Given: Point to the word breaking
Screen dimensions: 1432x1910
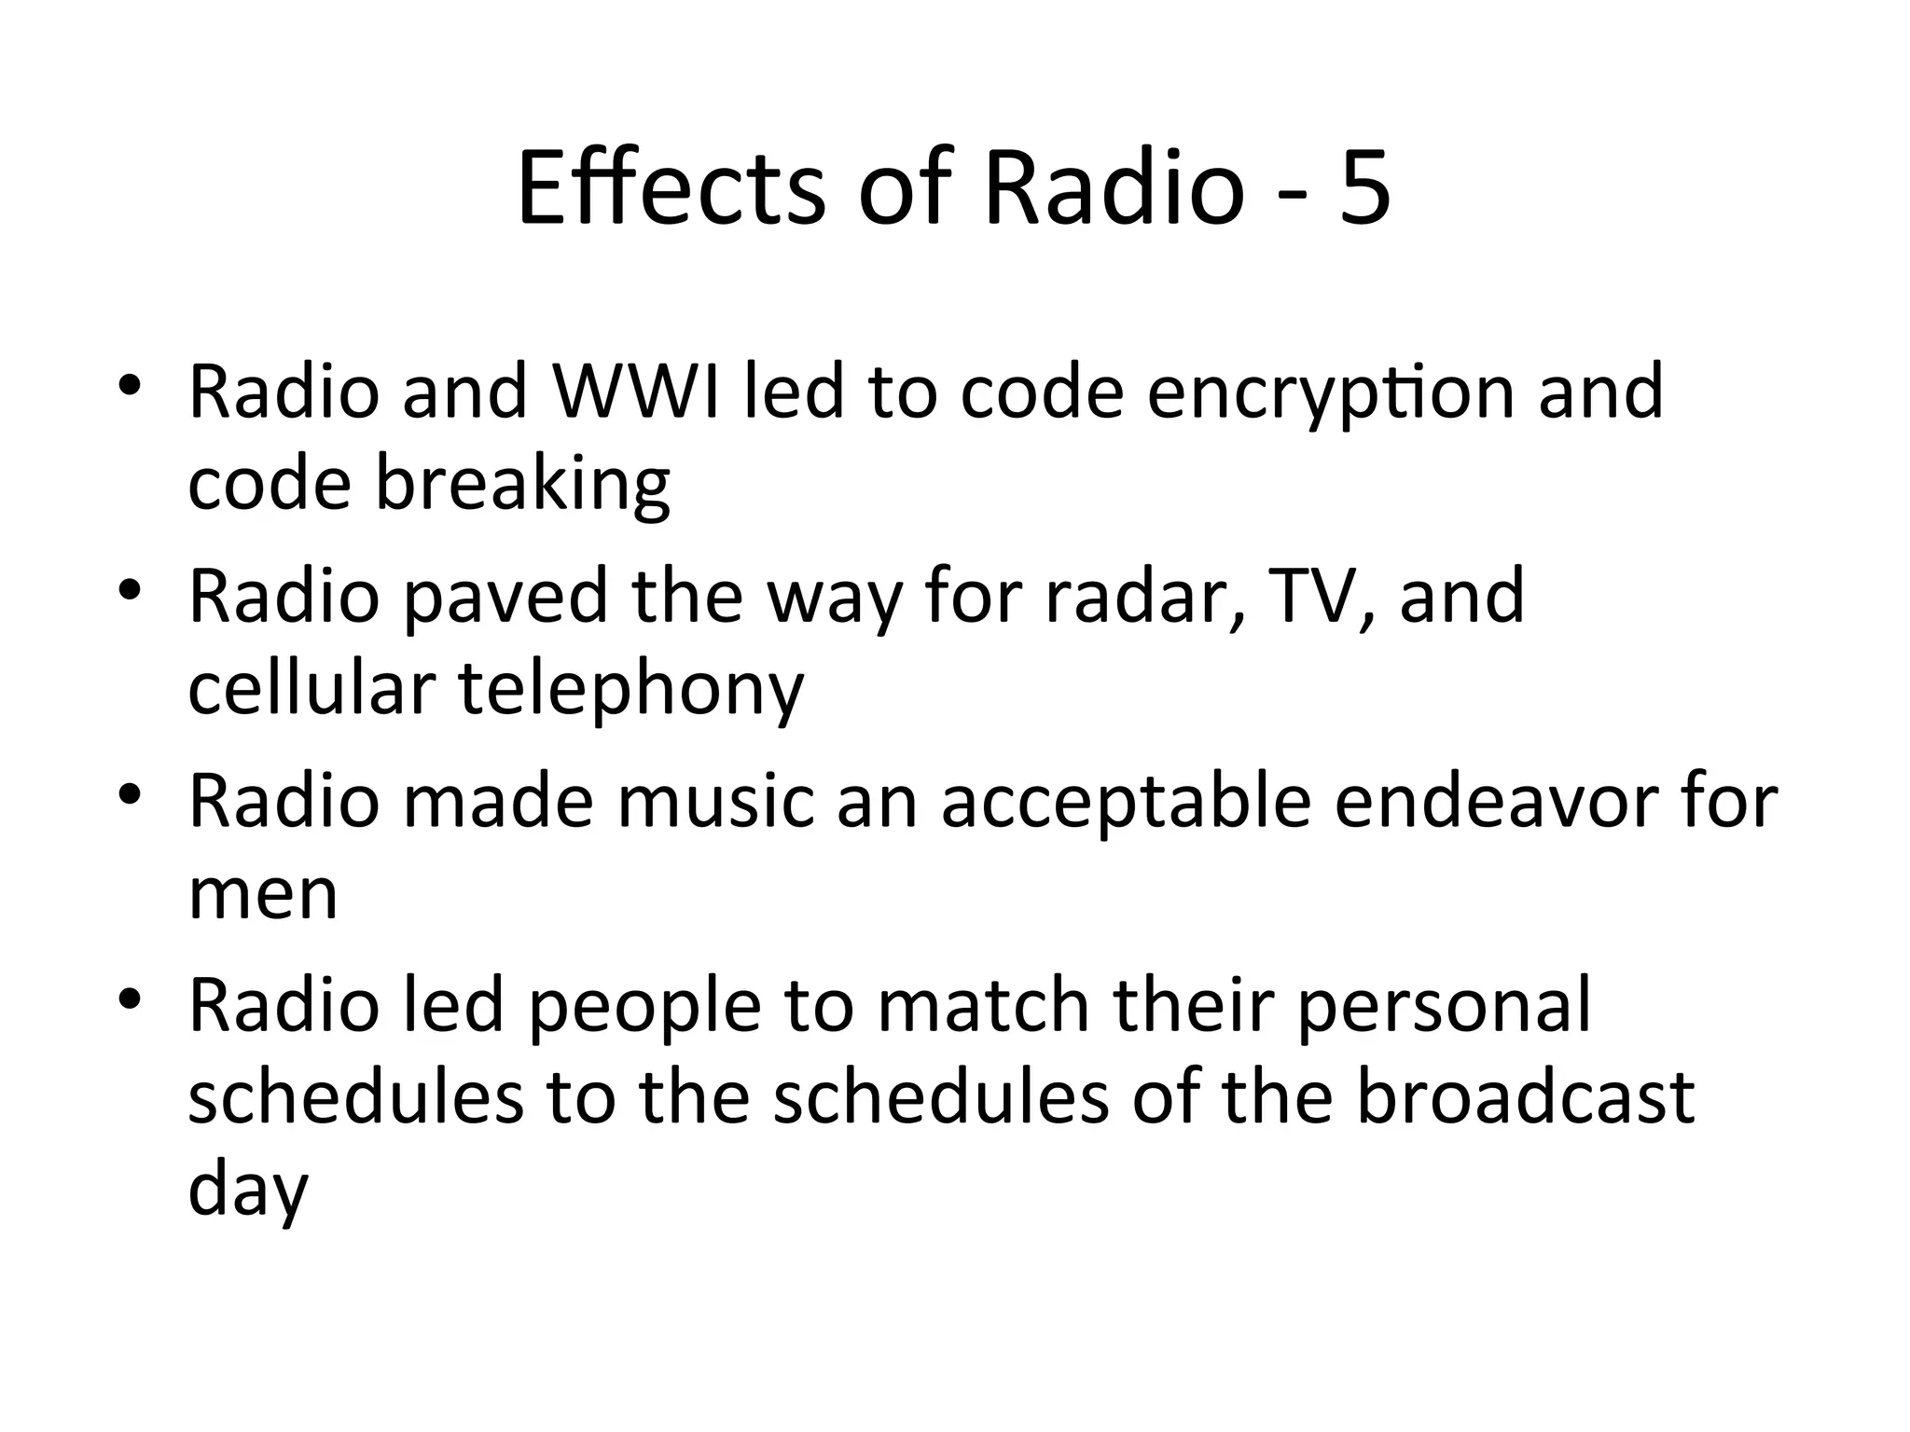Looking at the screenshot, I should [x=522, y=485].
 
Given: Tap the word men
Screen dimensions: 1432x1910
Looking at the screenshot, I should [x=263, y=895].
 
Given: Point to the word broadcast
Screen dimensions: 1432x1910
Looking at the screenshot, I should [x=1524, y=1098].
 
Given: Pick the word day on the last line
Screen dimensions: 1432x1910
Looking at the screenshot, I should [x=248, y=1193].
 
